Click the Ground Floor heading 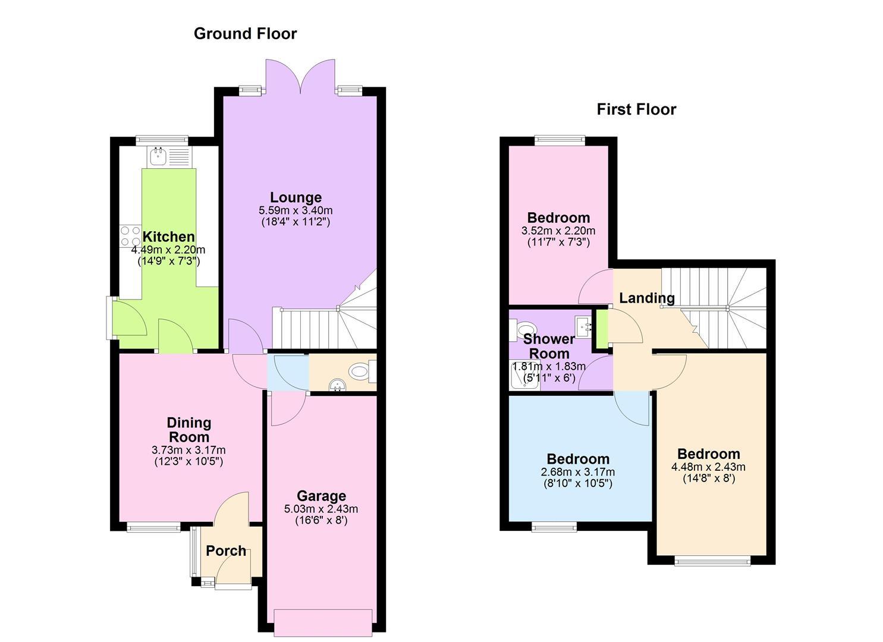[x=245, y=34]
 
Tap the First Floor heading [x=636, y=109]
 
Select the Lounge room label [x=296, y=197]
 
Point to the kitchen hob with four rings [x=130, y=235]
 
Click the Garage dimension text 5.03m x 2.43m [x=321, y=509]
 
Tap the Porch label [x=226, y=551]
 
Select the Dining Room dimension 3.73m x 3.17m [x=188, y=449]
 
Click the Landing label [x=647, y=298]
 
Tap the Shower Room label [x=549, y=346]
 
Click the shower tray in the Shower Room [x=524, y=375]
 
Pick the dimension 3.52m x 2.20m [x=558, y=231]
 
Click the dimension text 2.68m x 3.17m [x=578, y=472]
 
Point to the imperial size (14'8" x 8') [x=708, y=479]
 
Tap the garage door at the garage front [x=323, y=623]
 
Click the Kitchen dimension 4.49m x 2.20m [x=168, y=250]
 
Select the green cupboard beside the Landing [x=602, y=329]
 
